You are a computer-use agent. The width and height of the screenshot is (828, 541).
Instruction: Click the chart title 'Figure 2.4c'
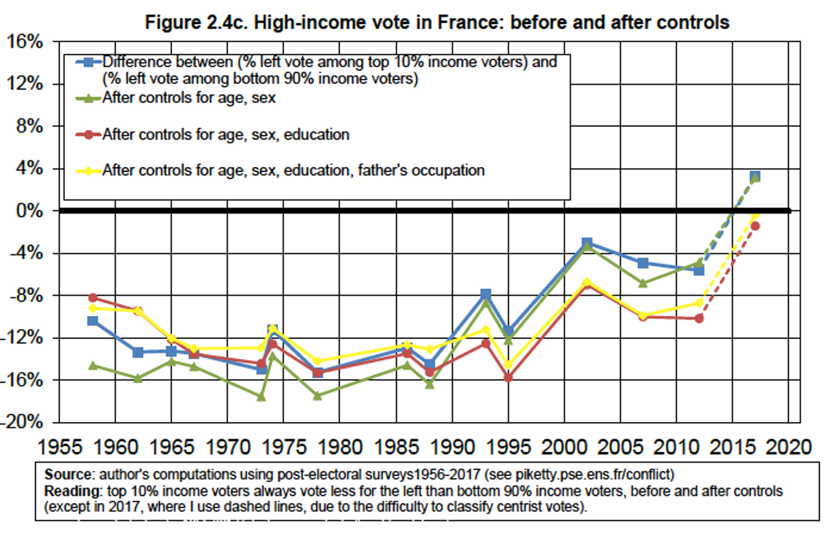coord(437,23)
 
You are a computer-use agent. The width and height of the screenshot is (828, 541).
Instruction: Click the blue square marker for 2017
coord(755,177)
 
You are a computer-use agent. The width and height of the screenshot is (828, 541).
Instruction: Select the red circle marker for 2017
coord(755,226)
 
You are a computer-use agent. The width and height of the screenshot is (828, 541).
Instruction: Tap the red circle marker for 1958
coord(93,298)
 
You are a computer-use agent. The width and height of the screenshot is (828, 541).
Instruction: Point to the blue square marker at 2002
coord(587,243)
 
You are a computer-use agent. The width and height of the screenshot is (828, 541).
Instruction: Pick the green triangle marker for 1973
coord(261,397)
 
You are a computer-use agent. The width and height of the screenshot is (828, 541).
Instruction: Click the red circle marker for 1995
coord(508,377)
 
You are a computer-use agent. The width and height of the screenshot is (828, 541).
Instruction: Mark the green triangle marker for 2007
coord(643,283)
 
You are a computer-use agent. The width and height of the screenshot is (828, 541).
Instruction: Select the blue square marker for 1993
coord(486,294)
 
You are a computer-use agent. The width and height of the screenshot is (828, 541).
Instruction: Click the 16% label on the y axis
coord(25,42)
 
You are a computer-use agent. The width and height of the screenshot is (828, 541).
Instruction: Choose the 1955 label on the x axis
coord(60,447)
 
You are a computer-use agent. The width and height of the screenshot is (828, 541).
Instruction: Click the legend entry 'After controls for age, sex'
coord(189,98)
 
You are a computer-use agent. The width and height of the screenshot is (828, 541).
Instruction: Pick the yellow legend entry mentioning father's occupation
coord(293,170)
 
